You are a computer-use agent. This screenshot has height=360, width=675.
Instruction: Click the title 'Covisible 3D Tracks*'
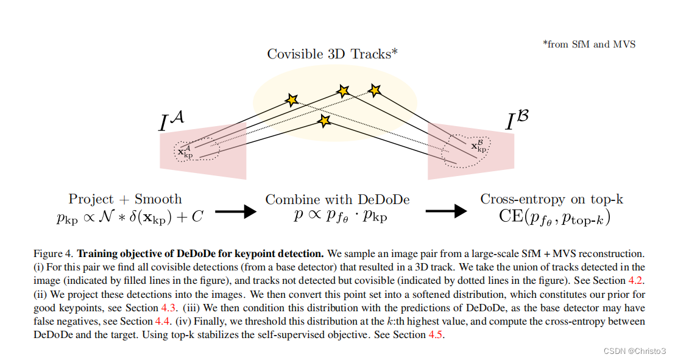click(332, 54)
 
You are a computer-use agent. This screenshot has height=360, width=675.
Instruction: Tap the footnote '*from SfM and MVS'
click(588, 44)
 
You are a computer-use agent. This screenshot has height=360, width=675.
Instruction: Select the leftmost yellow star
click(292, 99)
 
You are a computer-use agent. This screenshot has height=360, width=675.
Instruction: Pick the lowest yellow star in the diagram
click(324, 121)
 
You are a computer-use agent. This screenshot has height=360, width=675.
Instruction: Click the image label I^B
click(517, 121)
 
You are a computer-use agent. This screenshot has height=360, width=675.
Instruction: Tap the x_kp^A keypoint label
click(185, 152)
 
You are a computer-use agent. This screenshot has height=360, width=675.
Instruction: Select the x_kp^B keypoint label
click(479, 146)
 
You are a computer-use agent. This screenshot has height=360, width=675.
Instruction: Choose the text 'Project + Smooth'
click(125, 199)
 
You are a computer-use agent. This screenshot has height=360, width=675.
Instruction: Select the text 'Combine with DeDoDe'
click(337, 199)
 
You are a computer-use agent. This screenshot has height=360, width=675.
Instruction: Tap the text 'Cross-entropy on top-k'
click(551, 199)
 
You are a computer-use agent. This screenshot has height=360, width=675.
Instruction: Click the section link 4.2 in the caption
click(635, 280)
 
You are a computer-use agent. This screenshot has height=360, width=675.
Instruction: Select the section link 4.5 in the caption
click(436, 335)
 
